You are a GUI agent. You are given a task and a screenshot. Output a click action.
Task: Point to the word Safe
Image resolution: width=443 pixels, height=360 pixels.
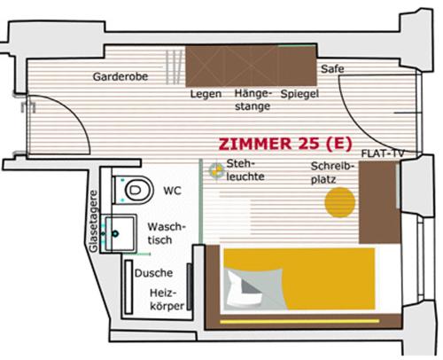333,68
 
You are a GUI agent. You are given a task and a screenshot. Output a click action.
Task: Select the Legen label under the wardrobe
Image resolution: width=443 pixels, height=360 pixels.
206,93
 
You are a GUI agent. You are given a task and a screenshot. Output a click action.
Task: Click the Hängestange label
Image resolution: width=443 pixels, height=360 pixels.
253,99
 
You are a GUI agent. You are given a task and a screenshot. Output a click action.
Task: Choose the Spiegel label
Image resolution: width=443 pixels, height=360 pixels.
299,93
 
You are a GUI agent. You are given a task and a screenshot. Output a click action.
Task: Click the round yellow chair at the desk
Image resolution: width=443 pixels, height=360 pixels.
339,203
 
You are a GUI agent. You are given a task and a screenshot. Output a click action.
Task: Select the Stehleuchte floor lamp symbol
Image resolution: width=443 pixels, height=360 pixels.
214,169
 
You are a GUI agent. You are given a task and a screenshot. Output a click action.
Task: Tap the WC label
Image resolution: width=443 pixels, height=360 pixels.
172,190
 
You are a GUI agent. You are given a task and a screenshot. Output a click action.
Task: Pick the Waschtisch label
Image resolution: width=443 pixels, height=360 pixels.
166,233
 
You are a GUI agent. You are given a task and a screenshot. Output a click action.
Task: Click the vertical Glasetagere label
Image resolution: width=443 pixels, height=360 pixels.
94,222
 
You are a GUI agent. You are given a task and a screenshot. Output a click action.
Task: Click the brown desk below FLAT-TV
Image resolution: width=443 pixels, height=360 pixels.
377,202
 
